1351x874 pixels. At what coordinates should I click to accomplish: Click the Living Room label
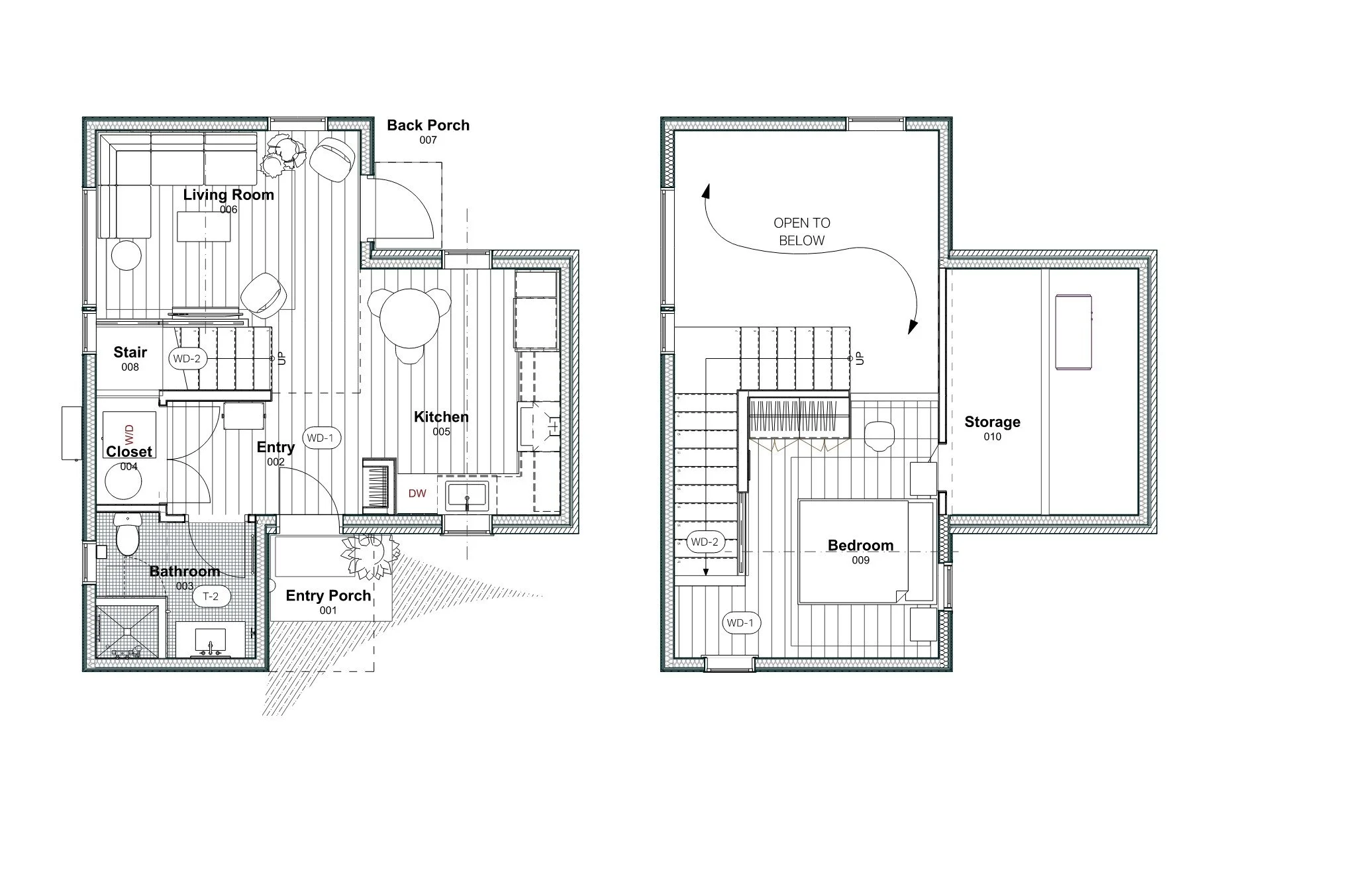(x=228, y=195)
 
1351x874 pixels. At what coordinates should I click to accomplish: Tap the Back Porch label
(x=428, y=125)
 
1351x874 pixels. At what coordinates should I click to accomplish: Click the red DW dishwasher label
(x=417, y=493)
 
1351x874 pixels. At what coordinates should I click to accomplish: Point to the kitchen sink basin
(x=466, y=497)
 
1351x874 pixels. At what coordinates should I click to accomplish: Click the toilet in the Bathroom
(x=126, y=536)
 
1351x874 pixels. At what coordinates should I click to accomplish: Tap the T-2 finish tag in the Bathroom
(x=211, y=597)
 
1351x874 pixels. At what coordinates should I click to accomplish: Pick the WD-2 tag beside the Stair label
(x=186, y=359)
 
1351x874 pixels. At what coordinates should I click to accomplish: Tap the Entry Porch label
(x=328, y=595)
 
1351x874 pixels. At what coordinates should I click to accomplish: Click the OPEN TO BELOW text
(x=801, y=232)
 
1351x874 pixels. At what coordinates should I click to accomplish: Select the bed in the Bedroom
(x=861, y=552)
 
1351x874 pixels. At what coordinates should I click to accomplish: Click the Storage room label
(x=991, y=422)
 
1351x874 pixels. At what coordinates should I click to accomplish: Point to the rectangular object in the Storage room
(x=1073, y=332)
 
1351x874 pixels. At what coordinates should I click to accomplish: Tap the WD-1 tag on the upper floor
(x=740, y=623)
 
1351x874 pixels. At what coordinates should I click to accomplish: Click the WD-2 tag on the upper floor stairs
(x=704, y=542)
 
